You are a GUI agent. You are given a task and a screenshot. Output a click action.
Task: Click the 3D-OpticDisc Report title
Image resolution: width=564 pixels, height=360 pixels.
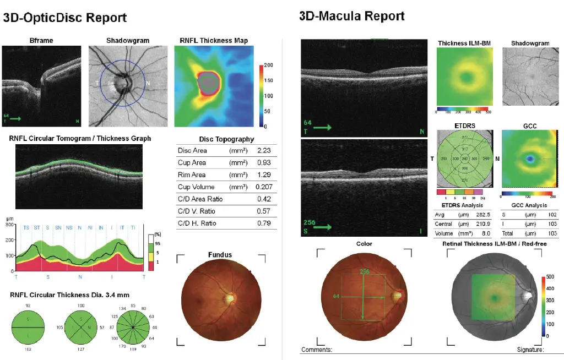tap(65, 18)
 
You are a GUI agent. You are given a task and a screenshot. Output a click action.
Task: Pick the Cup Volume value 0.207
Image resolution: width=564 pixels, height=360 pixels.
tap(264, 187)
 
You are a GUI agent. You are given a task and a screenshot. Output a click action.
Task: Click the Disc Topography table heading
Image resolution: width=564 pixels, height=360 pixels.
tap(226, 139)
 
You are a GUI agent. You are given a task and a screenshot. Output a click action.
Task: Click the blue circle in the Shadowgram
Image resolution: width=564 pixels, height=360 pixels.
tap(145, 83)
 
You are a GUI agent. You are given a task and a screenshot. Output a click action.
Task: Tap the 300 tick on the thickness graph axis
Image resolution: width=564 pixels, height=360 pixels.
tap(9, 225)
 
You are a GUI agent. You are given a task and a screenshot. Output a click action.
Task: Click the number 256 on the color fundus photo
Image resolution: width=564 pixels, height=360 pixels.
tap(364, 272)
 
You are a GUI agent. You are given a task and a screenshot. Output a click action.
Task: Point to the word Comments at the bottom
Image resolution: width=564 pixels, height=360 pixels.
tap(317, 350)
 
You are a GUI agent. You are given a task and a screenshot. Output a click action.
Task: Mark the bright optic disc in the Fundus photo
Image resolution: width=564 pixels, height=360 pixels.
tap(230, 298)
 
